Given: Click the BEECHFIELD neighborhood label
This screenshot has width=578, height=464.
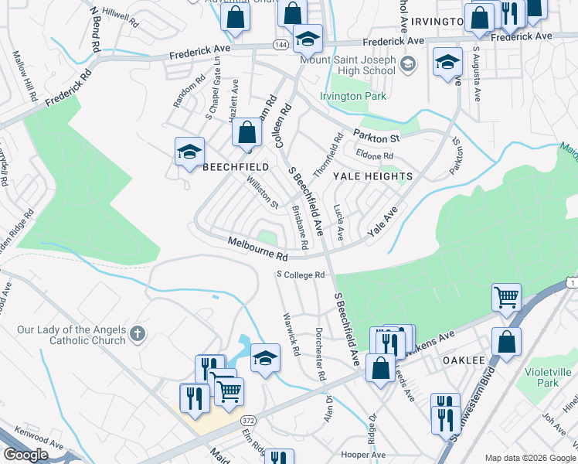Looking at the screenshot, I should pos(236,167).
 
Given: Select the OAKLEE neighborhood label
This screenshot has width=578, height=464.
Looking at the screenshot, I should pos(463,360).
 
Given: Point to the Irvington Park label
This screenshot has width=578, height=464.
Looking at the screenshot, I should pos(352,97).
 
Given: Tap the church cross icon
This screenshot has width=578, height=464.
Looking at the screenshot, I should pos(138,334).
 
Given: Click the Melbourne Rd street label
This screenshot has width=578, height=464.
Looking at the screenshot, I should pos(258,249).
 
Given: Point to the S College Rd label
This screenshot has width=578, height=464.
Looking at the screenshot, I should pos(300,275).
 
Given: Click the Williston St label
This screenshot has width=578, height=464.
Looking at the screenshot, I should pos(262,193).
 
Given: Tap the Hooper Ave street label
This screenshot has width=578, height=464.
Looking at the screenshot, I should pos(362,455).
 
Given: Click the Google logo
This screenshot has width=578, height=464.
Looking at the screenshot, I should pos(25,455).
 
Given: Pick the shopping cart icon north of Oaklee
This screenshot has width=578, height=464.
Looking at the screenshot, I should pos(506,297).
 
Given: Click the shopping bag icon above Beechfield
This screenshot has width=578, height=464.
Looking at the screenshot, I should pos(246,132).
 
